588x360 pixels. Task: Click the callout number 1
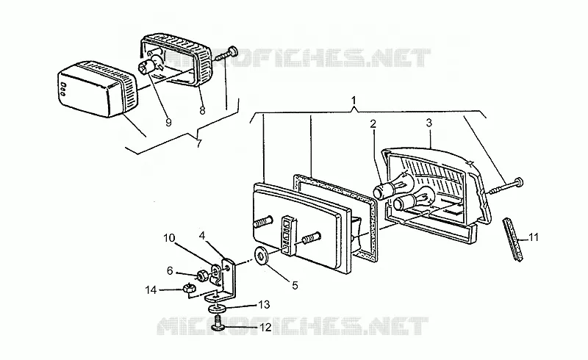click(x=354, y=100)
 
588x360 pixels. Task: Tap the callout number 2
click(x=373, y=123)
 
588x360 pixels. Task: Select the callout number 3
click(x=429, y=123)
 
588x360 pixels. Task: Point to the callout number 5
click(x=295, y=285)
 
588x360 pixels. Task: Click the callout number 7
click(x=199, y=143)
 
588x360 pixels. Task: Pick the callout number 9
click(x=168, y=122)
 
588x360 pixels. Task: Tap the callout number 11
click(x=534, y=237)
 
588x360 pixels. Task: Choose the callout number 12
click(x=265, y=328)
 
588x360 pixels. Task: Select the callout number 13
click(x=265, y=304)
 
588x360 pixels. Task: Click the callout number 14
click(x=151, y=289)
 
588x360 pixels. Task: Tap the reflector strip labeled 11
click(x=513, y=240)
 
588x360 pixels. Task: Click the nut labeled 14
click(x=187, y=289)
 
